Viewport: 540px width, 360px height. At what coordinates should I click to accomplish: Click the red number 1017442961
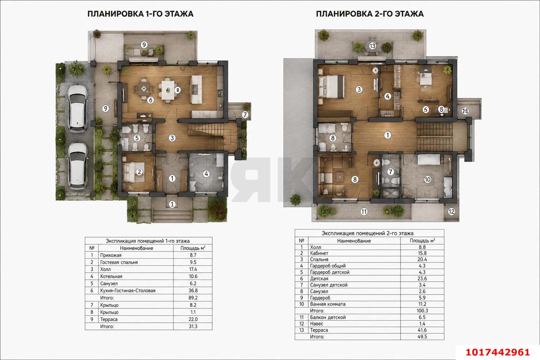click(497, 352)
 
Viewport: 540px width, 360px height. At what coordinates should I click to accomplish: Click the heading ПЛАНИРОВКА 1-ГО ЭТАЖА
click(140, 14)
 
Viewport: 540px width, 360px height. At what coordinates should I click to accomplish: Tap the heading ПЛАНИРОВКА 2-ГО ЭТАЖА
click(370, 14)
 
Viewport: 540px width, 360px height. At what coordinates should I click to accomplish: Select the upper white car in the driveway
click(77, 108)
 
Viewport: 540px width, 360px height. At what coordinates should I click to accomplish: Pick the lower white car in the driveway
click(77, 166)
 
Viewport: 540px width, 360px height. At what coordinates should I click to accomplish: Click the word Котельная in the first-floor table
click(111, 276)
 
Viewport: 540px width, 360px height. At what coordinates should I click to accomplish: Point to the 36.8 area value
click(193, 290)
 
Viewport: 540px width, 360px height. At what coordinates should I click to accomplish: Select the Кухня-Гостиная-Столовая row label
click(128, 290)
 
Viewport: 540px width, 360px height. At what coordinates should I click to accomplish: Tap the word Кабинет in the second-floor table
click(319, 253)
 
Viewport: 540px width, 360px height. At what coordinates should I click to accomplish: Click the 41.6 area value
click(422, 330)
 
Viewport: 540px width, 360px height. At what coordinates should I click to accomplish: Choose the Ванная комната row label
click(328, 304)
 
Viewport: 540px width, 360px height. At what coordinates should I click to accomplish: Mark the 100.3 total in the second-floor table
click(422, 311)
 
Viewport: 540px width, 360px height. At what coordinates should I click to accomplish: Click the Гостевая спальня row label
click(119, 262)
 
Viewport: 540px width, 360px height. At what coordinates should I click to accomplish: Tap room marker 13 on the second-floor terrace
click(373, 46)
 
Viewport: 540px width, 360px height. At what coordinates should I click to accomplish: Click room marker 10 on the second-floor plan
click(427, 180)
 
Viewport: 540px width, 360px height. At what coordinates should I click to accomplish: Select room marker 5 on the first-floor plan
click(137, 138)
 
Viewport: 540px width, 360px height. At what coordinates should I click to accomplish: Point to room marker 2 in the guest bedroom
click(139, 172)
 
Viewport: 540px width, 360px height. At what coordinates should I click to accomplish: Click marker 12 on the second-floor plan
click(451, 212)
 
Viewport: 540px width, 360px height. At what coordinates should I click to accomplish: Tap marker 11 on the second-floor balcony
click(364, 212)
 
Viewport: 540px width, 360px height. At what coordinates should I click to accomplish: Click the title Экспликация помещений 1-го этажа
click(148, 241)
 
